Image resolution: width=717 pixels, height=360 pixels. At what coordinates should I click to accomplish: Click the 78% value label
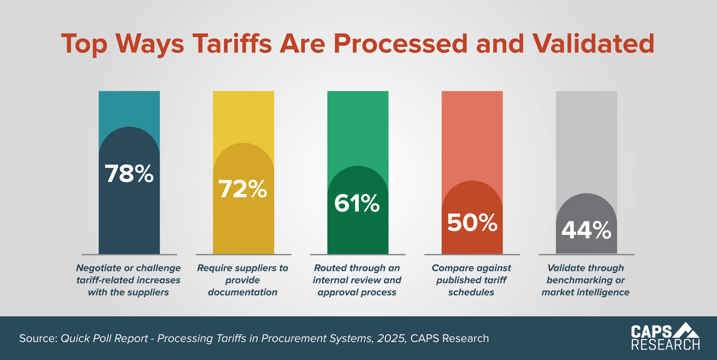pyautogui.click(x=129, y=174)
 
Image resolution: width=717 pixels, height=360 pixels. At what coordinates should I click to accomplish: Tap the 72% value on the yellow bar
pyautogui.click(x=243, y=189)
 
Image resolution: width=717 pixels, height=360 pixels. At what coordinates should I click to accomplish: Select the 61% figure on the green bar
pyautogui.click(x=357, y=203)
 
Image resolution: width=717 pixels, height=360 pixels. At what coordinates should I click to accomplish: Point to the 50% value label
pyautogui.click(x=472, y=222)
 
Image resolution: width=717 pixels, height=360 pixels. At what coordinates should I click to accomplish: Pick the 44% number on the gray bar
pyautogui.click(x=586, y=230)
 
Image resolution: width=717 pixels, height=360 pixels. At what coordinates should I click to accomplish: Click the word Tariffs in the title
pyautogui.click(x=232, y=44)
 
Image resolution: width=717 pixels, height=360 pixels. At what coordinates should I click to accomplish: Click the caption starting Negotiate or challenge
pyautogui.click(x=128, y=280)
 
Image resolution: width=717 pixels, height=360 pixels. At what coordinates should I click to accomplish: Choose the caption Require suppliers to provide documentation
pyautogui.click(x=243, y=280)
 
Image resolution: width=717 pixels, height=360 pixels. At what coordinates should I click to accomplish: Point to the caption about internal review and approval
pyautogui.click(x=357, y=280)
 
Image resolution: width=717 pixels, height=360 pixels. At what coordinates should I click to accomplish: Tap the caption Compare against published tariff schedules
pyautogui.click(x=471, y=280)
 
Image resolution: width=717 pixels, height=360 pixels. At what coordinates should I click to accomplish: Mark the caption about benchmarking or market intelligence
pyautogui.click(x=586, y=280)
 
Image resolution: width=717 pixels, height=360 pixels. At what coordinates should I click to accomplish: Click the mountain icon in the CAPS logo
pyautogui.click(x=686, y=330)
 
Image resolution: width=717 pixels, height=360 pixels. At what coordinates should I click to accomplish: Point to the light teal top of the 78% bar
pyautogui.click(x=129, y=107)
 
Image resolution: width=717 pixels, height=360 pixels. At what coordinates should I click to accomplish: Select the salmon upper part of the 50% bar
pyautogui.click(x=472, y=132)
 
